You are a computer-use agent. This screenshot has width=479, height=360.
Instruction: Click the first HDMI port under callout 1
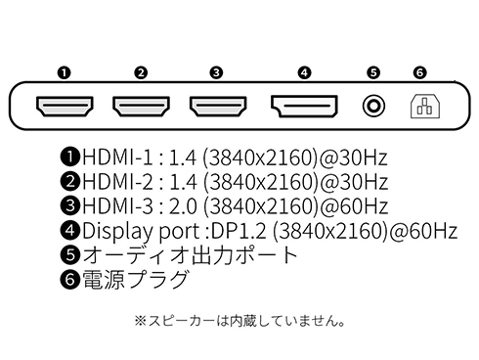pos(65,104)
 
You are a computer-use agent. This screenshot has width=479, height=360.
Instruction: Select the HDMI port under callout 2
pos(141,104)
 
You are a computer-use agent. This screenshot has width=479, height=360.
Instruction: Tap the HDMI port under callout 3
pos(217,104)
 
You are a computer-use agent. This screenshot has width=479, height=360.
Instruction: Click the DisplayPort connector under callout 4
pos(304,104)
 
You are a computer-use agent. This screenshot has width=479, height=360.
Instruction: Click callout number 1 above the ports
pos(65,72)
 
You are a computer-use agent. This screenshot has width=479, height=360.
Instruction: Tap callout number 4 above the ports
pos(304,72)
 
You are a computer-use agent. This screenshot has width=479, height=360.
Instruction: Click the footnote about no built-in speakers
pos(240,320)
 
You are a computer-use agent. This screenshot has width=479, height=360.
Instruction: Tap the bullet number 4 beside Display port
pos(70,232)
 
